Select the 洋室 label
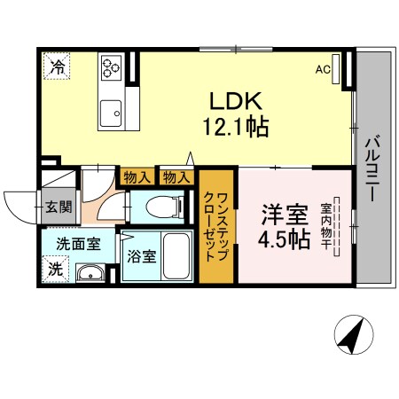(284, 215)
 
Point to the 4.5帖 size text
(284, 241)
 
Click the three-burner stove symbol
(113, 67)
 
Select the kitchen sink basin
(113, 113)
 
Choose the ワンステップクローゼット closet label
(215, 225)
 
